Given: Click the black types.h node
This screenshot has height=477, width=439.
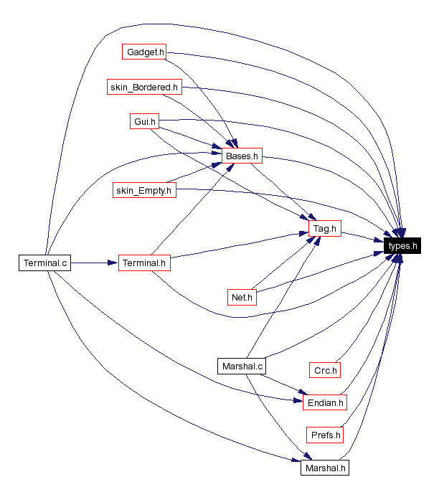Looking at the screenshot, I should coord(402,246).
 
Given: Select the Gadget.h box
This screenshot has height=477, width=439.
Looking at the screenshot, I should coord(146,52).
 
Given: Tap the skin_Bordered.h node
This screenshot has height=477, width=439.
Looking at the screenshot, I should coord(144,88).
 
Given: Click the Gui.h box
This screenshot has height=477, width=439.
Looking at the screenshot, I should coord(144,121).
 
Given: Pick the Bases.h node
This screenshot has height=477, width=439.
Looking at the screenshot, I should coord(242,156).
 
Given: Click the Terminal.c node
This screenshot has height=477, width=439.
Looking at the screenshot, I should coord(44,263).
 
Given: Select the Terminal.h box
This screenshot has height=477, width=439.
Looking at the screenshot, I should coord(144,263).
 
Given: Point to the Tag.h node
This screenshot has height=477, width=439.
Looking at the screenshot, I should coord(325,229).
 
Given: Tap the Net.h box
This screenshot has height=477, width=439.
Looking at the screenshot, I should coord(242,296).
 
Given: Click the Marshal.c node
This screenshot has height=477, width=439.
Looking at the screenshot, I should coord(242,367).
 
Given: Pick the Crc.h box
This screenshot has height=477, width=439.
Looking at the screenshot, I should coord(325,370).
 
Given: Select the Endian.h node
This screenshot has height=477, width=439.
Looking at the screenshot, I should coord(325,402).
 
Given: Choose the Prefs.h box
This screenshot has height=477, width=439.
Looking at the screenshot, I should coord(325,435).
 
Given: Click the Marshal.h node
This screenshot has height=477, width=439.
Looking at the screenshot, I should coord(325,468).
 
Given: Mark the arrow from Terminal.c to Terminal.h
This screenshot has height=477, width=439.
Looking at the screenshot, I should coord(93,263).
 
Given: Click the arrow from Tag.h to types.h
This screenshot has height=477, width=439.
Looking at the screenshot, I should coord(362,237).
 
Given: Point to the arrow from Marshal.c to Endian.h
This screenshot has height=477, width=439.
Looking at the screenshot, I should coord(283,384).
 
